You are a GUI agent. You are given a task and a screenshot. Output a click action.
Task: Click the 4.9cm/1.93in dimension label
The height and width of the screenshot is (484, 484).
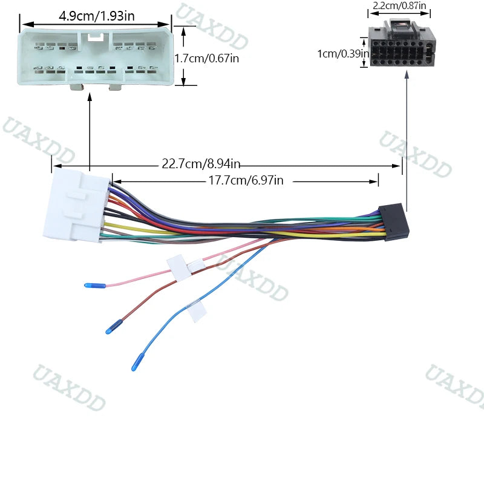[x=97, y=16]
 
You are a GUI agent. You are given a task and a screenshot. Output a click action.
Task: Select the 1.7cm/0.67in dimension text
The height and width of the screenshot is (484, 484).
[x=207, y=58]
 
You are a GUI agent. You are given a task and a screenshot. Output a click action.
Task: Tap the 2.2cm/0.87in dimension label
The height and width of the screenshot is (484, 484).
[x=399, y=5]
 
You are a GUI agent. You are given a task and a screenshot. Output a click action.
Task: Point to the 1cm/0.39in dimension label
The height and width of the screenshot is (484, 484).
[x=343, y=54]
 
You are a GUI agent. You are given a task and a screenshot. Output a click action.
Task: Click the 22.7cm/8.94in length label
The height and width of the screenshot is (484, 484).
[x=201, y=163]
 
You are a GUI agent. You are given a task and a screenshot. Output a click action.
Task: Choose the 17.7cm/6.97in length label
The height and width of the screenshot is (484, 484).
[x=246, y=180]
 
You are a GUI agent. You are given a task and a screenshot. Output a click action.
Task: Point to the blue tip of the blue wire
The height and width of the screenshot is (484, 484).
[x=137, y=362]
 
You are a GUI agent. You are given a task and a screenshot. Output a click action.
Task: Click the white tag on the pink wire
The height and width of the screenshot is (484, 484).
[x=178, y=267]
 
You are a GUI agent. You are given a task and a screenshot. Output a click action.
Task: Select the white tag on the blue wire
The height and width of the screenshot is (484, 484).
[x=197, y=311]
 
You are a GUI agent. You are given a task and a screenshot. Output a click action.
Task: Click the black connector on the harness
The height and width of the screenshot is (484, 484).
[x=394, y=223]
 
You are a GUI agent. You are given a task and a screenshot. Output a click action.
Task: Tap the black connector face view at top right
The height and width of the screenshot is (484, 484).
[x=402, y=43]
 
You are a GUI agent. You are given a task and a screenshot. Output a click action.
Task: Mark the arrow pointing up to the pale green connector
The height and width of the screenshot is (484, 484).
[x=90, y=131]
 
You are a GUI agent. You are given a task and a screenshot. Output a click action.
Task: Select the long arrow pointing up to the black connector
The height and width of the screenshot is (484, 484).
[x=407, y=141]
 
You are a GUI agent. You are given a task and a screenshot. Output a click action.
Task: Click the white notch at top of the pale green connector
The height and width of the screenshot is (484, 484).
[x=96, y=37]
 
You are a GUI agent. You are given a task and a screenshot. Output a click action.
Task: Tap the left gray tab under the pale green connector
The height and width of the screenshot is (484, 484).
[x=77, y=87]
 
